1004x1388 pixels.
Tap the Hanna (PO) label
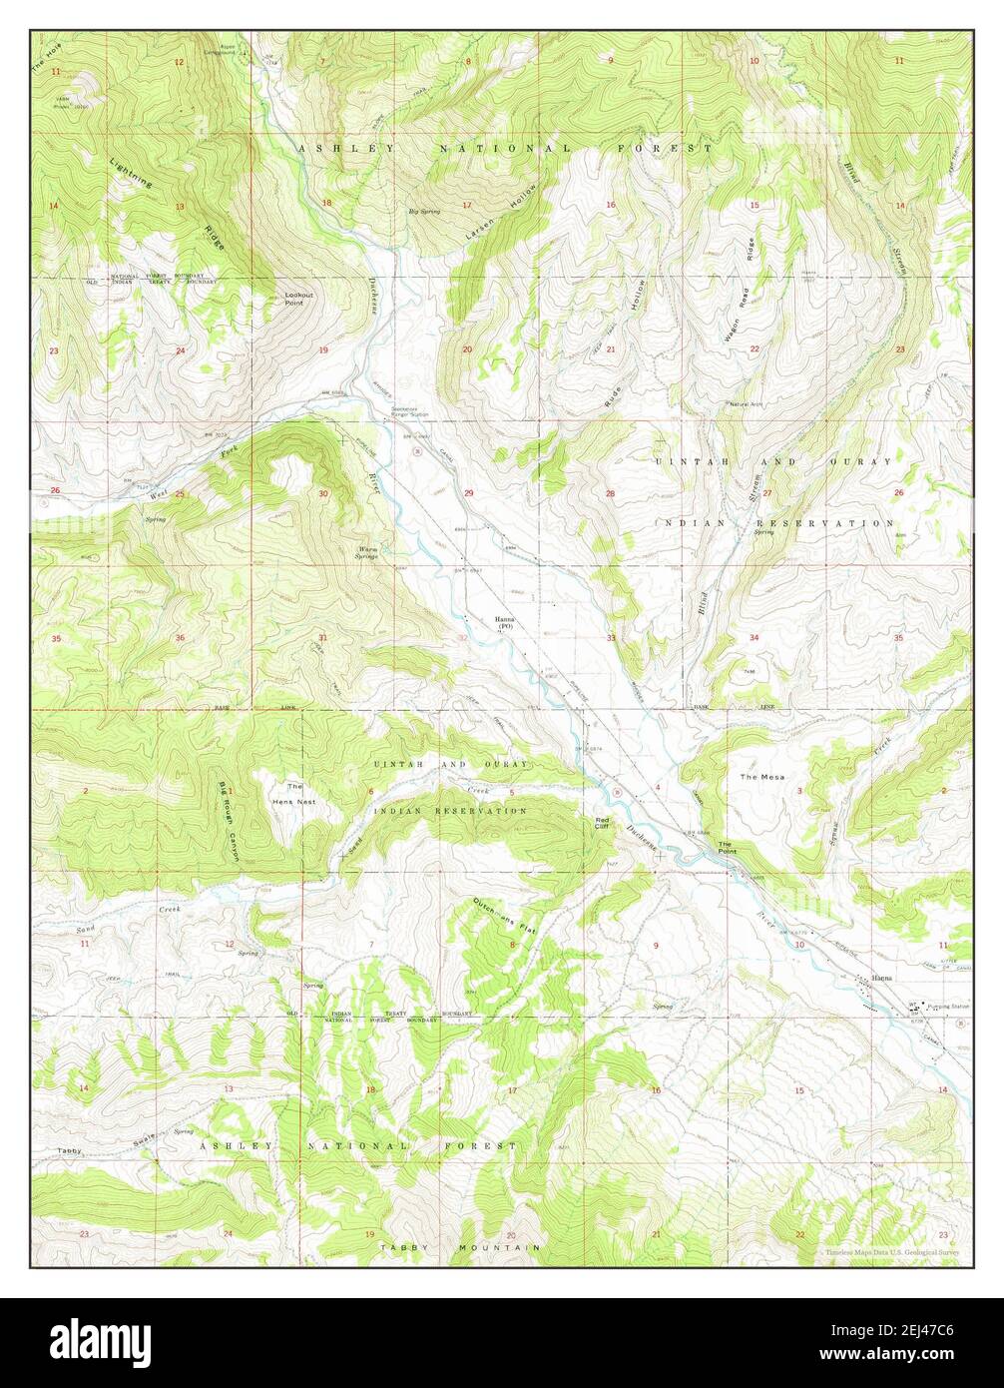tap(504, 623)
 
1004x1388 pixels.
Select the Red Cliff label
tap(602, 822)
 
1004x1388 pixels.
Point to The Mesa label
tap(761, 776)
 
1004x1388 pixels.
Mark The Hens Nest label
tap(294, 794)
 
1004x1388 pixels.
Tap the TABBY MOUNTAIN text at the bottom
tap(460, 1248)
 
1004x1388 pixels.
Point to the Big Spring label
tap(424, 212)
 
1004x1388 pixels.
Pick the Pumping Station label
tap(947, 1007)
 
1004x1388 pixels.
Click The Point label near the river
tap(727, 848)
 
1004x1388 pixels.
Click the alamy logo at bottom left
tap(100, 1338)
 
